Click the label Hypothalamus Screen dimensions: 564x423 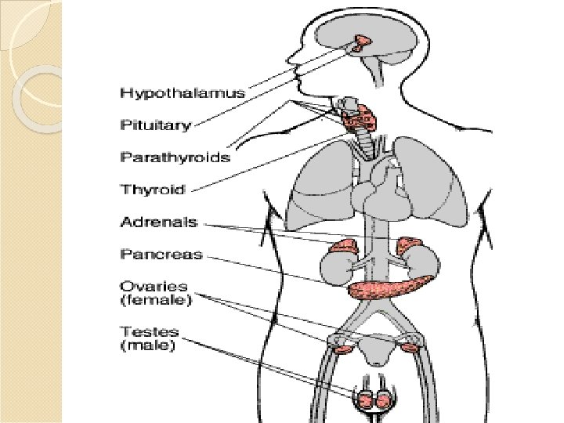tap(182, 93)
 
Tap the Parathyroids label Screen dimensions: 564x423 tap(175, 157)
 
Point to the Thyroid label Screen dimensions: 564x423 tap(152, 189)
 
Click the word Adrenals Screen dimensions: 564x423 tap(158, 222)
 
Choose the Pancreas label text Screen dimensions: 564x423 tap(161, 254)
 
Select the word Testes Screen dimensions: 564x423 tap(149, 331)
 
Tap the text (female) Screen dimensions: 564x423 tap(156, 299)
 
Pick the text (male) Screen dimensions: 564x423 tap(148, 345)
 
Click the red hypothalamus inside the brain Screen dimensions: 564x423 tap(363, 43)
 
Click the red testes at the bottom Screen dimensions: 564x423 tap(376, 400)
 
